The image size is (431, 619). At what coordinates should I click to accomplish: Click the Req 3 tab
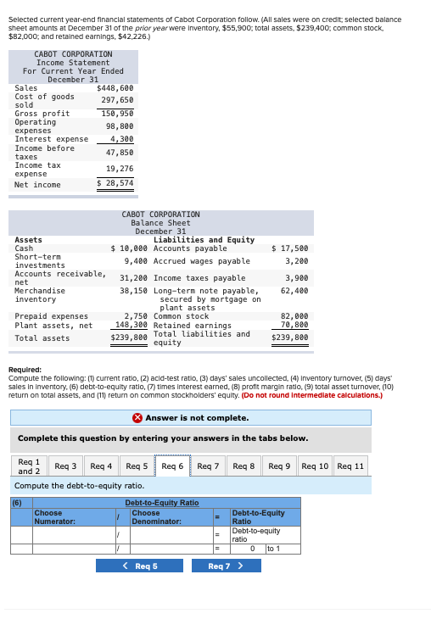point(65,466)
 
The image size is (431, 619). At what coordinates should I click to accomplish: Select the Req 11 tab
point(350,466)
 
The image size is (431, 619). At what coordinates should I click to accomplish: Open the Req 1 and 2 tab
point(29,466)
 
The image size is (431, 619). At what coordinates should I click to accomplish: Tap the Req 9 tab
point(279,466)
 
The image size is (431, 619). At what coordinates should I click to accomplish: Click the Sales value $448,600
point(115,88)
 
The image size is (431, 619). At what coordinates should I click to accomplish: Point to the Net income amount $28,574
point(115,183)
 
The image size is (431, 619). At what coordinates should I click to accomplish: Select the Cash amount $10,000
point(131,248)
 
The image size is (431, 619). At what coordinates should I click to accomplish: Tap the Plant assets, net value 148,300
point(131,324)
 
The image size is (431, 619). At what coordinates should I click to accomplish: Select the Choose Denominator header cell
point(168,517)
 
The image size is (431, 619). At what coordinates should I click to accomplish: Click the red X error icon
point(137,417)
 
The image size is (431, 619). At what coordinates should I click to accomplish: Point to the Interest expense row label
point(51,139)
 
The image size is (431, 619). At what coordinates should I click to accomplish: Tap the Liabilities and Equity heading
point(204,240)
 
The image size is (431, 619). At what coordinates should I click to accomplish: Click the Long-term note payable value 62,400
point(294,290)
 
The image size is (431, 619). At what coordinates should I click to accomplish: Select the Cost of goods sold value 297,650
point(118,100)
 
